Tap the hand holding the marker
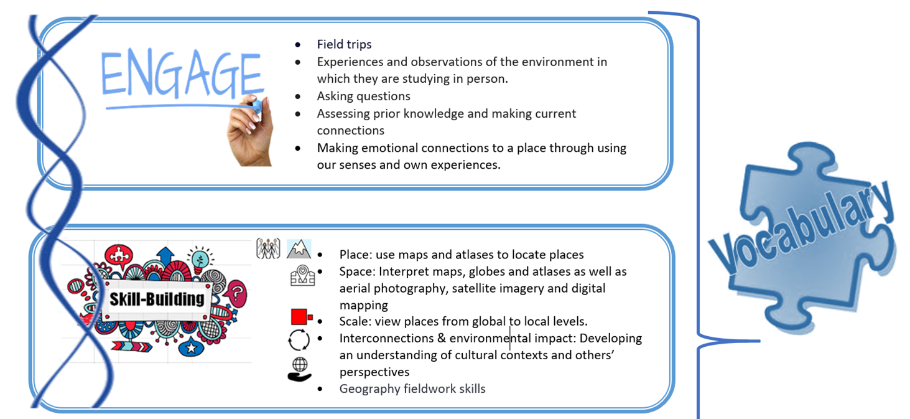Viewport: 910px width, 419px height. [x=250, y=131]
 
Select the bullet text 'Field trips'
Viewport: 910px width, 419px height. [x=344, y=44]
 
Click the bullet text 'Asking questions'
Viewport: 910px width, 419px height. [x=364, y=97]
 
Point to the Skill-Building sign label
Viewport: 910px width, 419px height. [x=157, y=299]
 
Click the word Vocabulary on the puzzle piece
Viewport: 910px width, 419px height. [x=802, y=228]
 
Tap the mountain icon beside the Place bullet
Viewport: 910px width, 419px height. [x=299, y=249]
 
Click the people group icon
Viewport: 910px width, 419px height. [x=268, y=248]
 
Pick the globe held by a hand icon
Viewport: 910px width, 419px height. [x=299, y=369]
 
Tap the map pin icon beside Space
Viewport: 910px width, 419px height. [x=303, y=275]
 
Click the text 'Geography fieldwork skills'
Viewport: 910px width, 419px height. [x=412, y=389]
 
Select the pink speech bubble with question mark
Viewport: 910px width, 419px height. [x=237, y=294]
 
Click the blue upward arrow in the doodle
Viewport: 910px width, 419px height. [x=165, y=255]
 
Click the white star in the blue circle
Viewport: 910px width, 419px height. [x=192, y=348]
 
